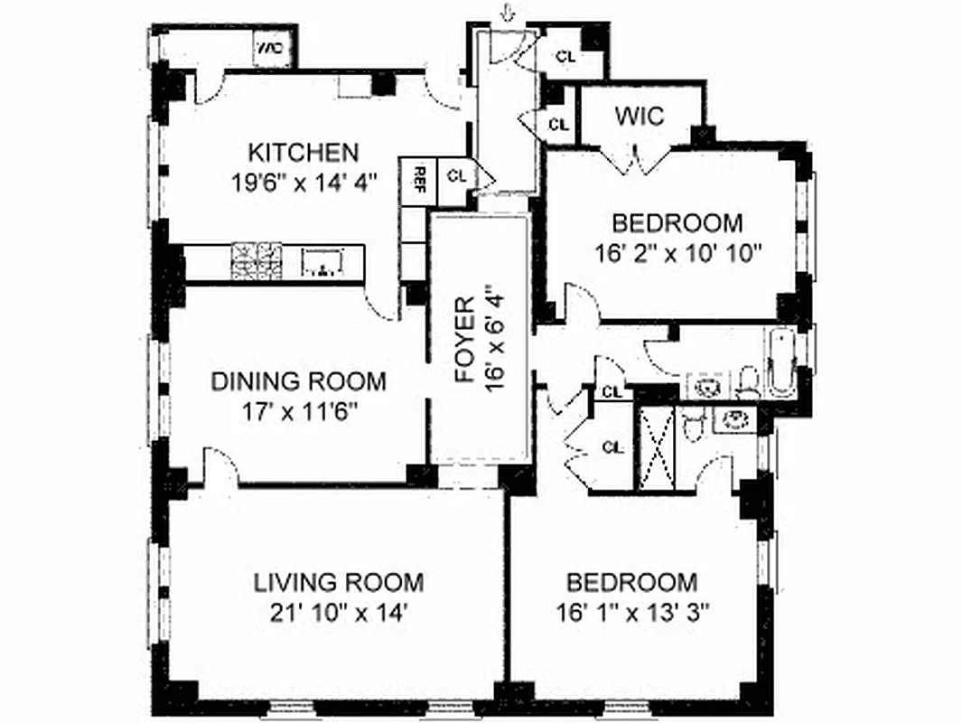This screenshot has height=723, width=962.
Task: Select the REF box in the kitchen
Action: tap(420, 174)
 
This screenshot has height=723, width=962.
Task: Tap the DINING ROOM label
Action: tap(298, 381)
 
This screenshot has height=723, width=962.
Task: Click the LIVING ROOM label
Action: tap(338, 581)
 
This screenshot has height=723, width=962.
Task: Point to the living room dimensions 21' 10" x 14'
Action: tap(338, 612)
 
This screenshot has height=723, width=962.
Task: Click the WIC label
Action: tap(640, 116)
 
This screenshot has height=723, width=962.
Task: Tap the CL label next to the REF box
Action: tap(456, 175)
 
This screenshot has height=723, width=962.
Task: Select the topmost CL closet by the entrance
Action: tap(565, 56)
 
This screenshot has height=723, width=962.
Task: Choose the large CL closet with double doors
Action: tap(612, 446)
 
